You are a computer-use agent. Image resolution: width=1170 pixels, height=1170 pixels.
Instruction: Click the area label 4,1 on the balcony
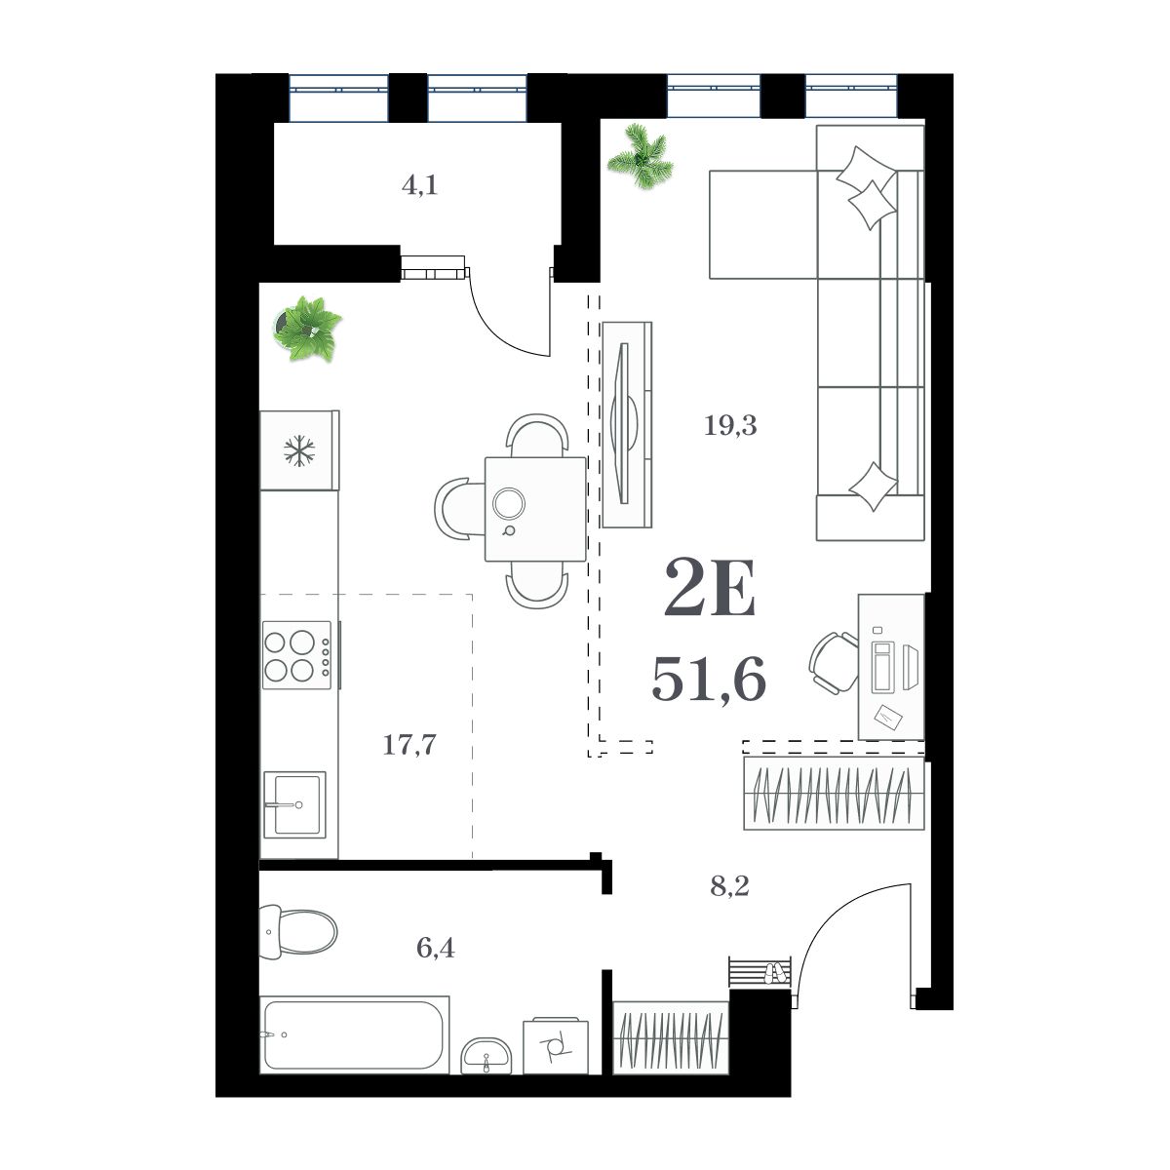pos(419,185)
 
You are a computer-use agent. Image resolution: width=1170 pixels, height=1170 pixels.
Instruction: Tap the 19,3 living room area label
pos(731,425)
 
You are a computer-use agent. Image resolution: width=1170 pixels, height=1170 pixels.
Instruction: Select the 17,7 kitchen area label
pos(409,746)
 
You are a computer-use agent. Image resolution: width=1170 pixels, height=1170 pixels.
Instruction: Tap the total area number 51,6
pos(708,679)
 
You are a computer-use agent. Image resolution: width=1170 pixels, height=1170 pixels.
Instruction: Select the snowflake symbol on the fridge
pos(299,450)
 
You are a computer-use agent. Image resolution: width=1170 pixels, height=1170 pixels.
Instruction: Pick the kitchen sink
pos(295,804)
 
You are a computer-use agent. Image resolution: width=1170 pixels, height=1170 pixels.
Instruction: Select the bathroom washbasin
pos(487,1053)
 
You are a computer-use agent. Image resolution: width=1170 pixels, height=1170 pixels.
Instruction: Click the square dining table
pos(535,509)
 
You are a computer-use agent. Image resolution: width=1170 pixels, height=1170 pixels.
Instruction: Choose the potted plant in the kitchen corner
pos(307,329)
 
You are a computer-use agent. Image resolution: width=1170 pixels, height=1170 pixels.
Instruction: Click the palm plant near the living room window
pos(640,153)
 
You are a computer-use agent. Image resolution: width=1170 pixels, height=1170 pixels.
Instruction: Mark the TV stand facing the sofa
pos(626,424)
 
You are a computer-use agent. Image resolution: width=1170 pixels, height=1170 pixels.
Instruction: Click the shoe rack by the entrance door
pos(759,971)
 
